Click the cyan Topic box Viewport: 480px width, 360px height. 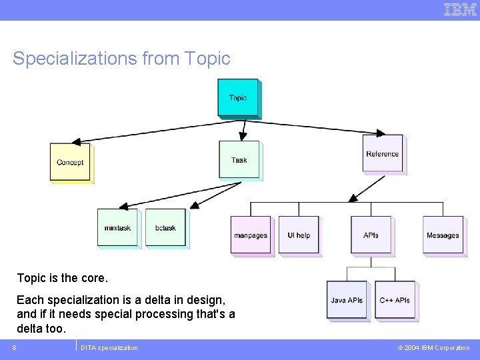tap(237, 97)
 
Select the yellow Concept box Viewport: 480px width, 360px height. tap(69, 162)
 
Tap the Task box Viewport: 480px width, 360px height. tap(239, 159)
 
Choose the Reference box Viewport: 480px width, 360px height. tap(382, 153)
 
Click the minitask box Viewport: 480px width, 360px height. tap(117, 227)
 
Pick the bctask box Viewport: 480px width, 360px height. tap(165, 227)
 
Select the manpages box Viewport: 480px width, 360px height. tap(251, 235)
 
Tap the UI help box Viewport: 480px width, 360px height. tap(299, 235)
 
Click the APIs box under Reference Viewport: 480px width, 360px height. tap(371, 235)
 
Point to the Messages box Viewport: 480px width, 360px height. tap(443, 235)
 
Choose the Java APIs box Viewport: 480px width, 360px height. tap(347, 300)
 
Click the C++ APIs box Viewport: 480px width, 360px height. tap(395, 300)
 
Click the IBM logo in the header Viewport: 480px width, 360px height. tap(460, 9)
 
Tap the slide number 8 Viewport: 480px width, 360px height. tap(14, 347)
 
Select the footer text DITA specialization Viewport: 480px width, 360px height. tap(109, 347)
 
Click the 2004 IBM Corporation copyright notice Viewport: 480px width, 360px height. tap(434, 347)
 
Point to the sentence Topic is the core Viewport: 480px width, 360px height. tap(62, 277)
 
